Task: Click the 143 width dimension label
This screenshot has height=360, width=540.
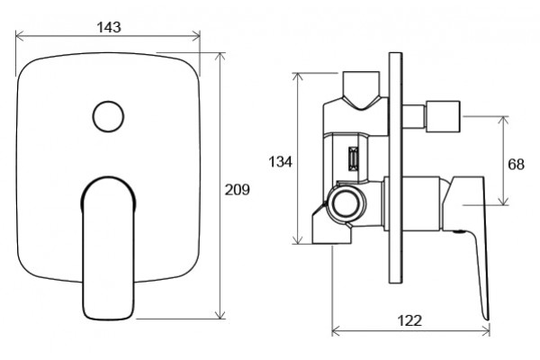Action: tap(109, 27)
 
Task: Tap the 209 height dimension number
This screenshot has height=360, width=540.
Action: tap(238, 190)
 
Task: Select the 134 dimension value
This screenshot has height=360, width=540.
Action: tap(280, 162)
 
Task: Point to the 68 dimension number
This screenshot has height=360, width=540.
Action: tap(517, 165)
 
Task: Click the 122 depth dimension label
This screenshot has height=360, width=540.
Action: tap(409, 320)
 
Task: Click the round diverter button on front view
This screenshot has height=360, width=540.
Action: tap(108, 116)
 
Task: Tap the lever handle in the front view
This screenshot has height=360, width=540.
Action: tap(108, 248)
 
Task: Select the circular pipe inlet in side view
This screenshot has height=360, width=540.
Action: tap(346, 204)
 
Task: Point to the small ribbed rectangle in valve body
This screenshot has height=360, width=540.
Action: tap(354, 158)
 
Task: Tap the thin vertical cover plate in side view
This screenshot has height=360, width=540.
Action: tap(395, 167)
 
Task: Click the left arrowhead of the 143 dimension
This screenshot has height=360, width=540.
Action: tap(19, 35)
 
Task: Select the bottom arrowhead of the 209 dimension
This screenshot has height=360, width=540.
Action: tap(220, 314)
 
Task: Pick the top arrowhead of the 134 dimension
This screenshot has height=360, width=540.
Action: tap(297, 77)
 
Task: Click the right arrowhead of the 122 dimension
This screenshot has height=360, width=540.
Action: tap(486, 332)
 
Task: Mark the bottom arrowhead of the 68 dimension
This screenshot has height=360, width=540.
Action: tap(503, 201)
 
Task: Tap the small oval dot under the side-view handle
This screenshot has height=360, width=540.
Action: tap(458, 232)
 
